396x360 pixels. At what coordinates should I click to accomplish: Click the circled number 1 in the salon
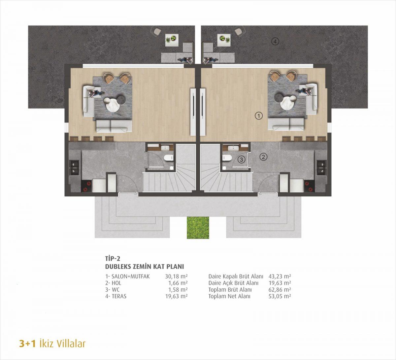coord(259,116)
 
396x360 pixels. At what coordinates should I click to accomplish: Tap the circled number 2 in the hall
coord(264,157)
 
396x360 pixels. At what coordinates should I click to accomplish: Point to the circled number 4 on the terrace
coord(275,42)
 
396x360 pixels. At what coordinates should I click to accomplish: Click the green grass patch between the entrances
coord(198,227)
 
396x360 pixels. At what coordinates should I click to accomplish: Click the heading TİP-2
coord(113,258)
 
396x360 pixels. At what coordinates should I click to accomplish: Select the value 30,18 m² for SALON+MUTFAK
coord(176,276)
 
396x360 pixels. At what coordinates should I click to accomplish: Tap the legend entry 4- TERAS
coord(116,296)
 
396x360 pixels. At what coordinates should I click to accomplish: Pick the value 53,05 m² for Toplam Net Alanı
coord(280,296)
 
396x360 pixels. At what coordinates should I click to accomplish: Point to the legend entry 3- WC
coord(112,289)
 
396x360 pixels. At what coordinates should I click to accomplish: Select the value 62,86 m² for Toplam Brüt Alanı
coord(280,289)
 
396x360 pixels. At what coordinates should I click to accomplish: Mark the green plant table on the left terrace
coord(172,40)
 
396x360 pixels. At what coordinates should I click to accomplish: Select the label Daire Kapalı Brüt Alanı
coord(236,276)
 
